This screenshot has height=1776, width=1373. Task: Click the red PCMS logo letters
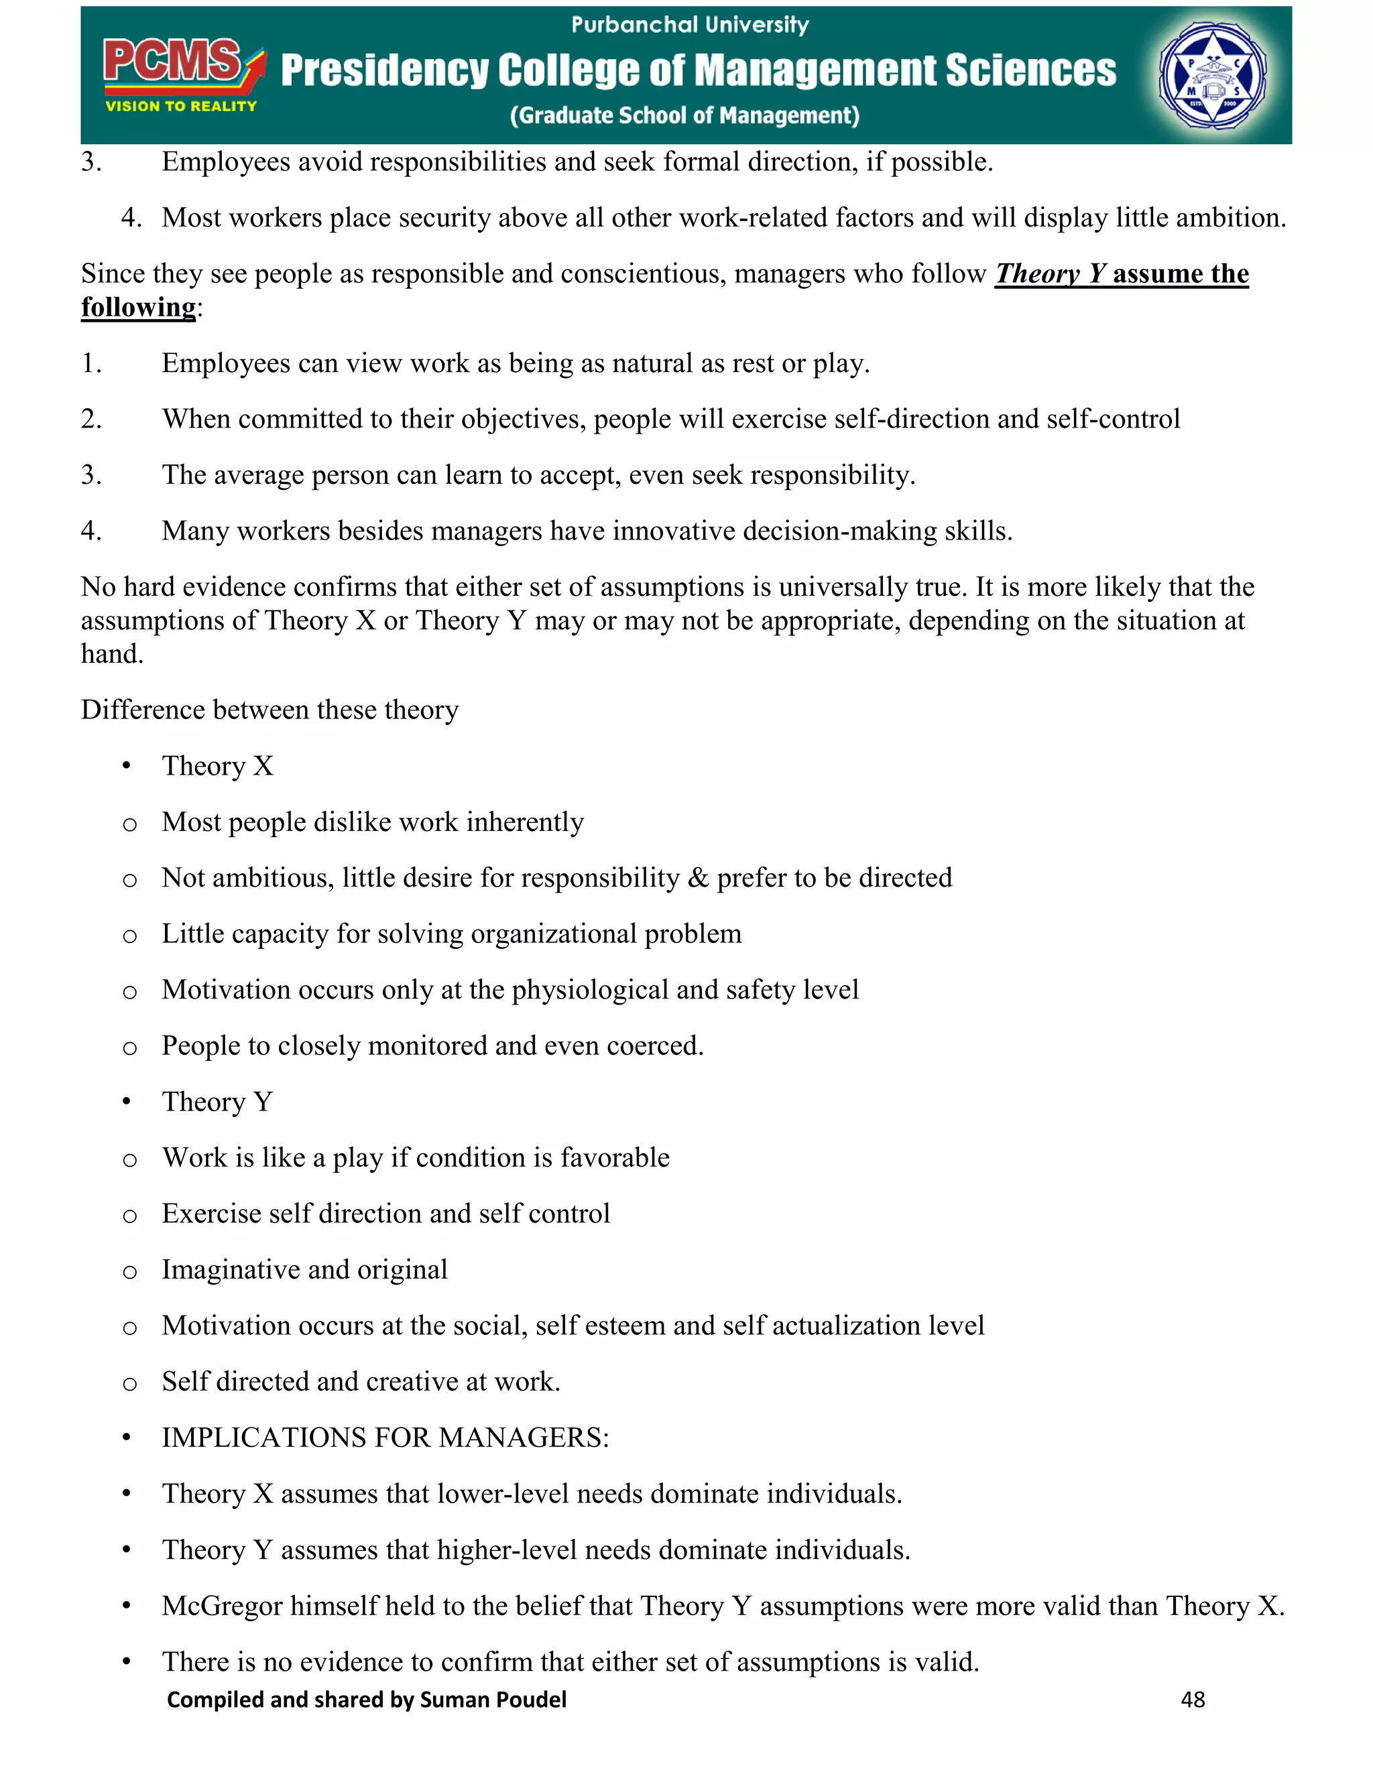click(x=172, y=62)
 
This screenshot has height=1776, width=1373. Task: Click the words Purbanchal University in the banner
click(x=690, y=25)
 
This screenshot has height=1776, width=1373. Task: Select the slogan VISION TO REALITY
click(x=180, y=107)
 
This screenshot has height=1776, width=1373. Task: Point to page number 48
click(x=1193, y=1700)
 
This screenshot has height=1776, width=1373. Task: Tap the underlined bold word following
click(x=138, y=308)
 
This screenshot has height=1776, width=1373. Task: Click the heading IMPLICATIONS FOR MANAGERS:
click(x=385, y=1438)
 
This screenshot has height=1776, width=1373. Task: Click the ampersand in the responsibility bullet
click(x=698, y=878)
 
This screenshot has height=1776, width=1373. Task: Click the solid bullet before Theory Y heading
click(x=126, y=1102)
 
